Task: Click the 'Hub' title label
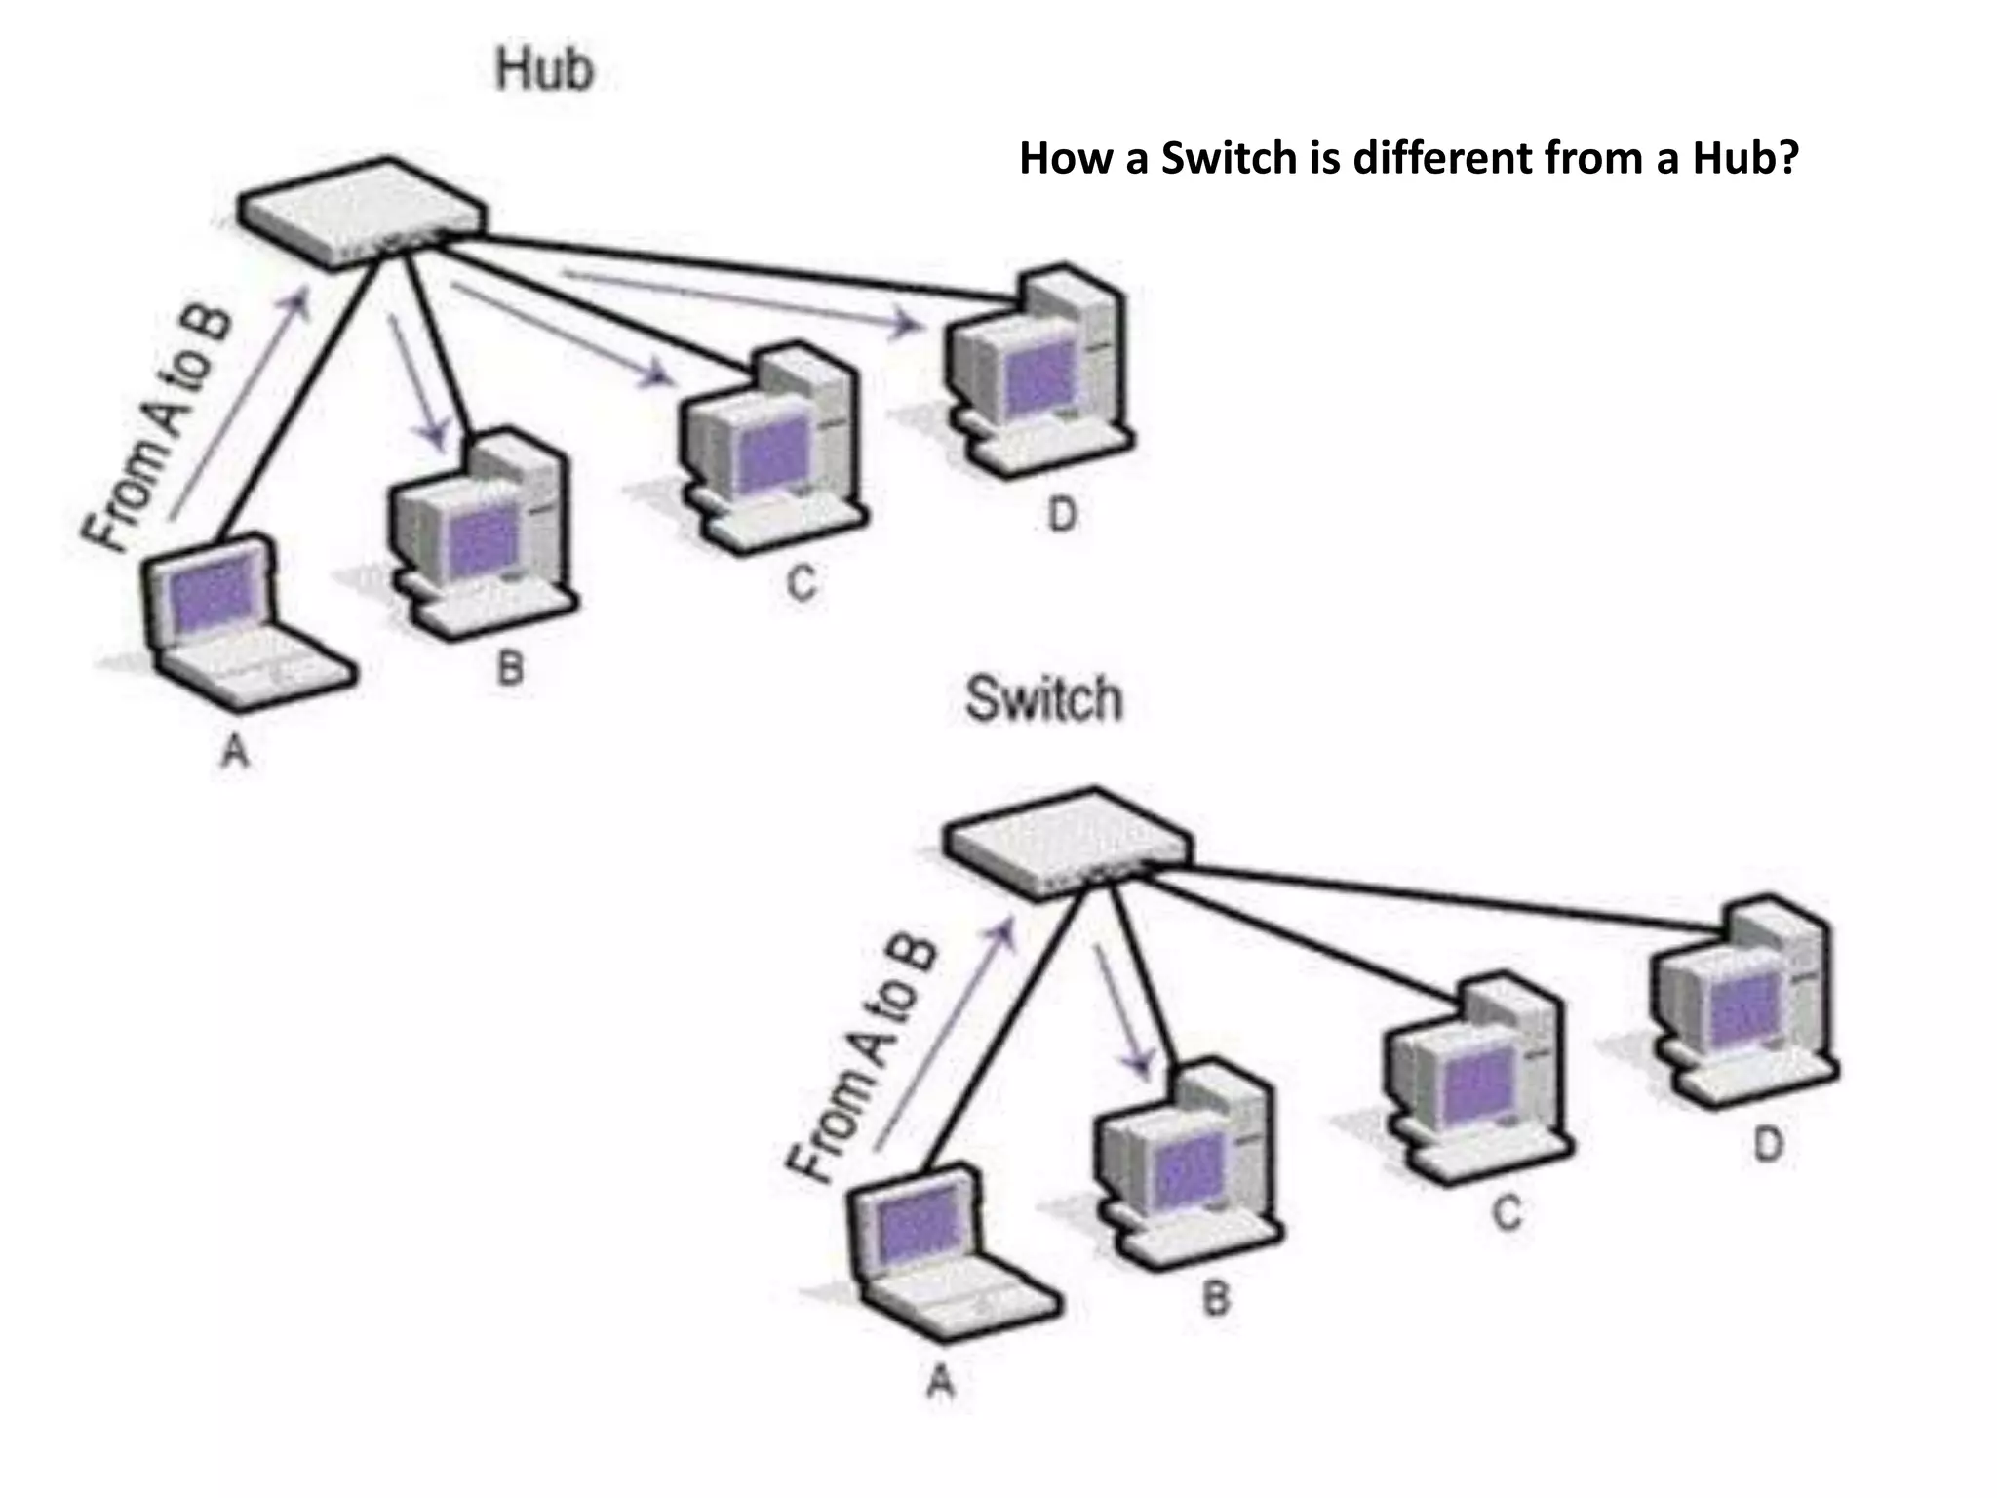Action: pyautogui.click(x=544, y=70)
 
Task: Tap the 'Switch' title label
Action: pyautogui.click(x=1043, y=698)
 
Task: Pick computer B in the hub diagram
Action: pyautogui.click(x=483, y=536)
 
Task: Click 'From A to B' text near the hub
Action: pyautogui.click(x=156, y=429)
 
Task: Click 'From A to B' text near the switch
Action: pyautogui.click(x=863, y=1058)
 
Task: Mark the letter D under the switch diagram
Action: pyautogui.click(x=1768, y=1144)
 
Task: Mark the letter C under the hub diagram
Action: pyautogui.click(x=801, y=583)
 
